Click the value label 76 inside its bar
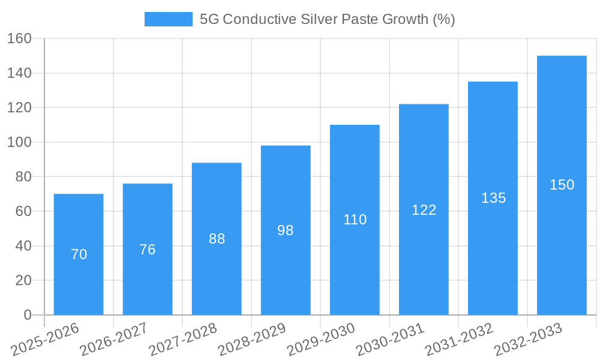click(x=148, y=250)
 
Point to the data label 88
click(x=217, y=239)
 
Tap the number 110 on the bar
click(x=355, y=220)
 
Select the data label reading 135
click(x=493, y=198)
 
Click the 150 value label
click(x=562, y=185)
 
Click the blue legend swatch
click(x=168, y=19)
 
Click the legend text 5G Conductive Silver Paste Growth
click(x=327, y=19)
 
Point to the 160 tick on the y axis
click(x=19, y=38)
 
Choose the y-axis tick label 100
click(x=19, y=142)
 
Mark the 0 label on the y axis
click(x=27, y=315)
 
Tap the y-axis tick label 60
click(x=23, y=211)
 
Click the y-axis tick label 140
click(x=19, y=73)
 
